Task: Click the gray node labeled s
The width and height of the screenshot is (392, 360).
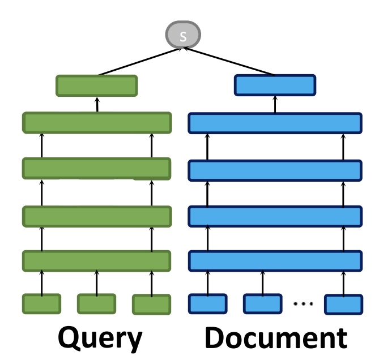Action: click(182, 36)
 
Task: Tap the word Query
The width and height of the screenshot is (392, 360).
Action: click(101, 338)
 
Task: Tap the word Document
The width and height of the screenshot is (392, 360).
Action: click(276, 338)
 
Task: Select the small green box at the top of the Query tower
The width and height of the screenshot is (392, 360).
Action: click(97, 85)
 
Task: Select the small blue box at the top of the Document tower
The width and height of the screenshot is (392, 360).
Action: click(275, 85)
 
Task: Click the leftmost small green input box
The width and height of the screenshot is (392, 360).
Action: click(41, 303)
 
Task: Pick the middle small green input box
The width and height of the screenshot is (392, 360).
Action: click(96, 303)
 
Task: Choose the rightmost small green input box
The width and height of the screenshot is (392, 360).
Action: click(151, 304)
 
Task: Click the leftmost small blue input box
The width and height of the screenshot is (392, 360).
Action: click(207, 303)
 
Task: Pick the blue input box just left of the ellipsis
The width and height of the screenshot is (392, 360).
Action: click(262, 303)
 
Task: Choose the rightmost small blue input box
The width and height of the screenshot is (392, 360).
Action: click(343, 304)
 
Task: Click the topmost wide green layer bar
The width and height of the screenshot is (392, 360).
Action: click(97, 123)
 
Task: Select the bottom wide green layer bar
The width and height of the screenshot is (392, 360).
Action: click(97, 260)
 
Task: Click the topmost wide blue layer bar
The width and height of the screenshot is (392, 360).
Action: click(275, 123)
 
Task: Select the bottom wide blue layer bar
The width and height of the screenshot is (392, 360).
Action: click(275, 260)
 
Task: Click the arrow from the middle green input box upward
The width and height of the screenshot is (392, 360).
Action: click(96, 282)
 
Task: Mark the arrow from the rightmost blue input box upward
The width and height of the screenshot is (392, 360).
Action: click(343, 282)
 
